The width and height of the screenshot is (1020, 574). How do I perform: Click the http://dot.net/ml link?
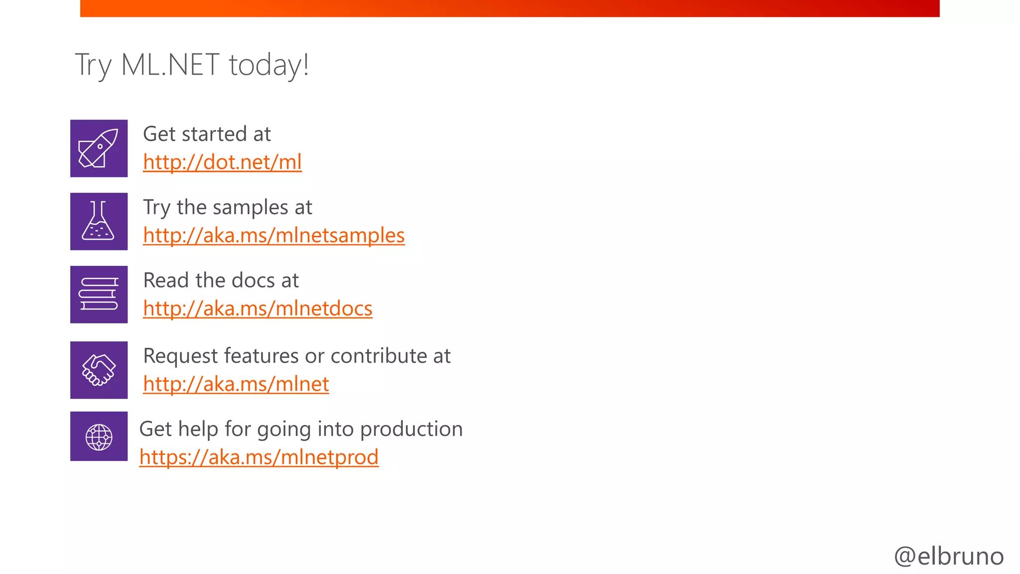tap(222, 162)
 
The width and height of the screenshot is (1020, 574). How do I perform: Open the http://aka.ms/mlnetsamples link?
tap(273, 236)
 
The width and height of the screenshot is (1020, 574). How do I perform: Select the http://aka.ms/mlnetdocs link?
tap(257, 309)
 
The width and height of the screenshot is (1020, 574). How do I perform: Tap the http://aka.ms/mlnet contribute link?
tap(236, 384)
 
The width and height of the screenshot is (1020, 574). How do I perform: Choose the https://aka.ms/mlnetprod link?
tap(258, 457)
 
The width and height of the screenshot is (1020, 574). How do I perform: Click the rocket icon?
tap(99, 148)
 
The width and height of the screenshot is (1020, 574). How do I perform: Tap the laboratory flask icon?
tap(99, 221)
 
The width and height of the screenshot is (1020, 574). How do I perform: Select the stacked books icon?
tap(99, 294)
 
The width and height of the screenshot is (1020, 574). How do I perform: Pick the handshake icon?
tap(99, 370)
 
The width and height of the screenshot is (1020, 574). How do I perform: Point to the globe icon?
tap(99, 436)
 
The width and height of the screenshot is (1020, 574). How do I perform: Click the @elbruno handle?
tap(948, 556)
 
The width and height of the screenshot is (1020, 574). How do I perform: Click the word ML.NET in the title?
tap(170, 65)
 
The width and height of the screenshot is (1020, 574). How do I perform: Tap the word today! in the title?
tap(269, 65)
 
